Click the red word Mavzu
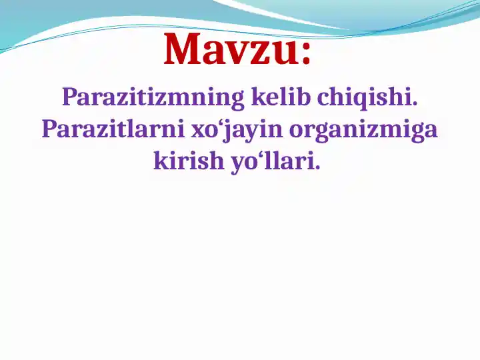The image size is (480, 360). (x=231, y=50)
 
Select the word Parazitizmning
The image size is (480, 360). (x=153, y=98)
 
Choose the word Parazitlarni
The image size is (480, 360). (x=113, y=129)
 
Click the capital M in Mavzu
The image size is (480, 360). (x=183, y=50)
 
